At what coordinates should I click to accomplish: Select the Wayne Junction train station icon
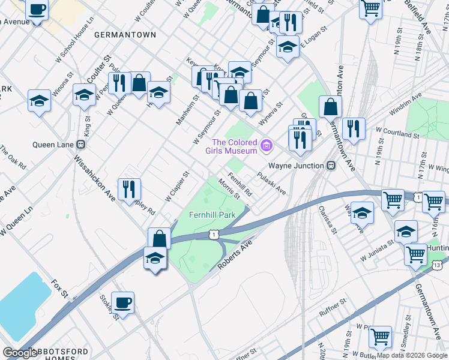(x=330, y=165)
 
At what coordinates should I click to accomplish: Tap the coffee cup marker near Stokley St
(x=122, y=302)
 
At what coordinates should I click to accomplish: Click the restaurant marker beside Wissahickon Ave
(x=129, y=189)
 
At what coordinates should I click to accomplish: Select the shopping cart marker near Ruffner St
(x=380, y=337)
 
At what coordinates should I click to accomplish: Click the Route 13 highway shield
(x=437, y=264)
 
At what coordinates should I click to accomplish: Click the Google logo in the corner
(x=20, y=353)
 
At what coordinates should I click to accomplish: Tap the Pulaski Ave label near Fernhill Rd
(x=271, y=183)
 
